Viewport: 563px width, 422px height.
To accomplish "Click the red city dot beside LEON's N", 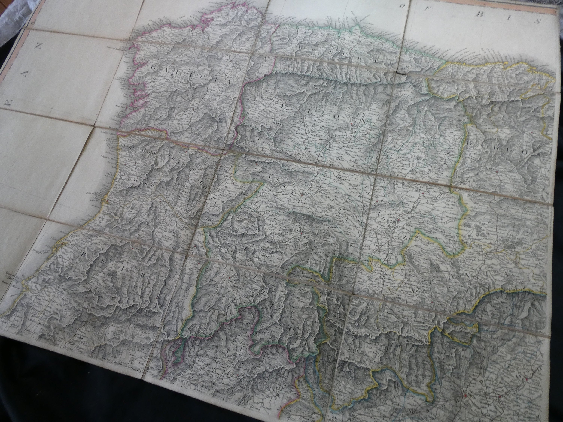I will tap(351, 124).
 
